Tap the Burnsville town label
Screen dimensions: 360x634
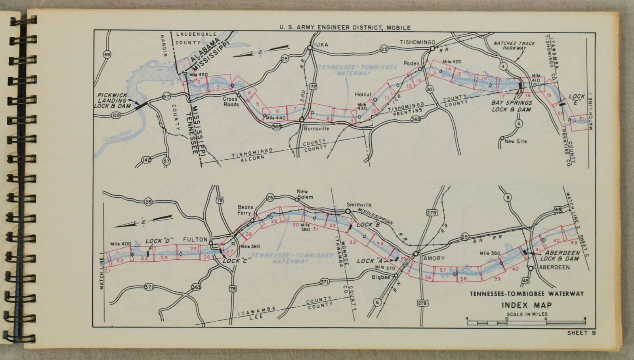[x=317, y=128]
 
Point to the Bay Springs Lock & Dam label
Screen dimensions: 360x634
[x=512, y=106]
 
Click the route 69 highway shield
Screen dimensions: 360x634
[x=107, y=54]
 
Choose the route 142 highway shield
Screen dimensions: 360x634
[x=146, y=160]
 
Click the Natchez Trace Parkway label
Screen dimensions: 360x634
[x=514, y=46]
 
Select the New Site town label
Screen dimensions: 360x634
[x=516, y=141]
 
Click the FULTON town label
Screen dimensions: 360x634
[x=195, y=239]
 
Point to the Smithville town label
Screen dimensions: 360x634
[x=359, y=205]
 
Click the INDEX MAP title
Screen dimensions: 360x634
[x=527, y=305]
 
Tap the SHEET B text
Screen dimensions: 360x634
[x=581, y=333]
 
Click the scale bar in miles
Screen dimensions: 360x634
[x=527, y=323]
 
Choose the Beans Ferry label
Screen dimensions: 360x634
[x=245, y=210]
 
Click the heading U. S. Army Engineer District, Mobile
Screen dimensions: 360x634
[x=345, y=27]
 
